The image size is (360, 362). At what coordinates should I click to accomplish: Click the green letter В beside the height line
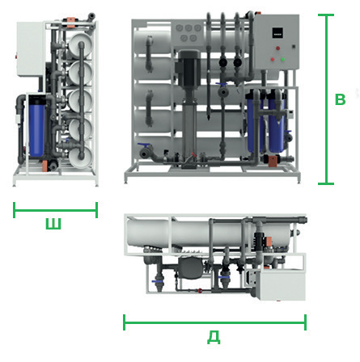click(x=340, y=99)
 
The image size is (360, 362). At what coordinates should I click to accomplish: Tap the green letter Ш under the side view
click(x=53, y=224)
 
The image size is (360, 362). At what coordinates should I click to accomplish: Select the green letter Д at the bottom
click(x=214, y=337)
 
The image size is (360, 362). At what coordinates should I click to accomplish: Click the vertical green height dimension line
click(x=326, y=99)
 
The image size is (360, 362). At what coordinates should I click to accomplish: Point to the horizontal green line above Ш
click(x=55, y=210)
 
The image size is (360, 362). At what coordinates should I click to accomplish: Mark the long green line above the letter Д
click(x=214, y=322)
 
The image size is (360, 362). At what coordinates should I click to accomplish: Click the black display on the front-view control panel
click(x=277, y=33)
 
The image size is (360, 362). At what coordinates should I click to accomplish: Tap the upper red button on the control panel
click(x=277, y=48)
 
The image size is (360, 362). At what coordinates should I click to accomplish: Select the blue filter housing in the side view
click(x=36, y=126)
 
